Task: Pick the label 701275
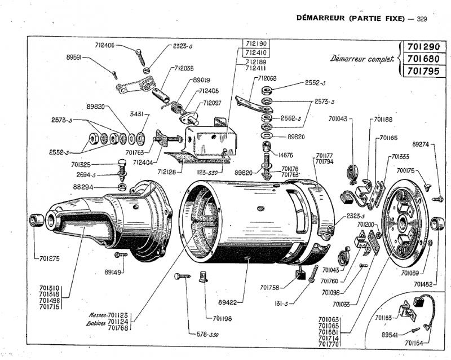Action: coord(51,260)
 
